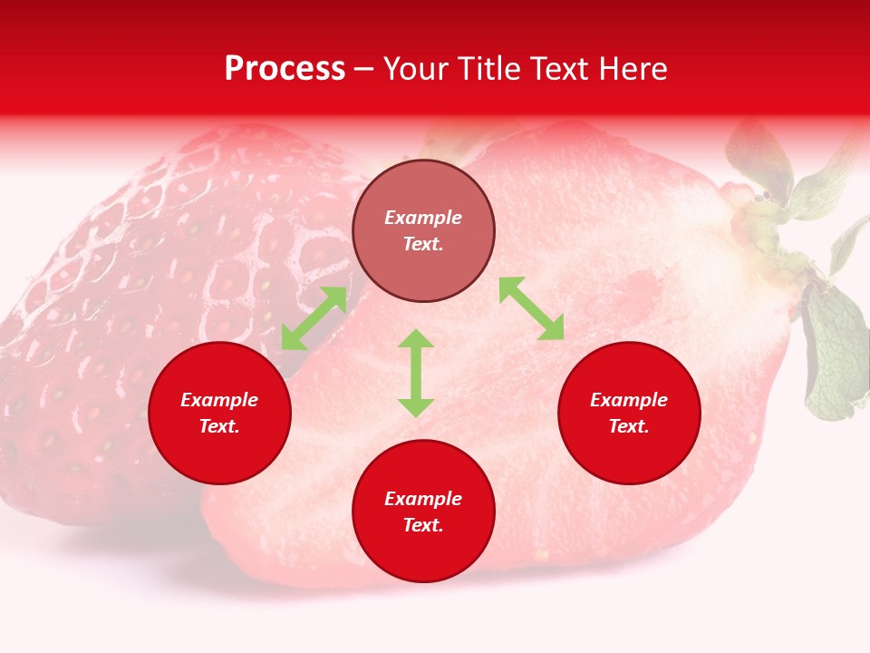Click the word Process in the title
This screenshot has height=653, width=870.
click(x=285, y=69)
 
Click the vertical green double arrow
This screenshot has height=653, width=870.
click(x=416, y=373)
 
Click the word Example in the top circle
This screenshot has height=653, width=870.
click(x=423, y=218)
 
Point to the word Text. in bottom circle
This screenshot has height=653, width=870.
click(x=423, y=525)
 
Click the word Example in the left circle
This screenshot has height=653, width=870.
click(x=219, y=400)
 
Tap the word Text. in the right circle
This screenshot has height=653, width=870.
click(x=629, y=426)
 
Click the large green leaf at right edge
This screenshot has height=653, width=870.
click(x=836, y=358)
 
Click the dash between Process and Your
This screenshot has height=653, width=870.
click(x=364, y=70)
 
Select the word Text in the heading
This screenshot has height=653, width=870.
click(x=559, y=69)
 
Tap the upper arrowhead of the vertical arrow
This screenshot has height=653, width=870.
click(x=416, y=338)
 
